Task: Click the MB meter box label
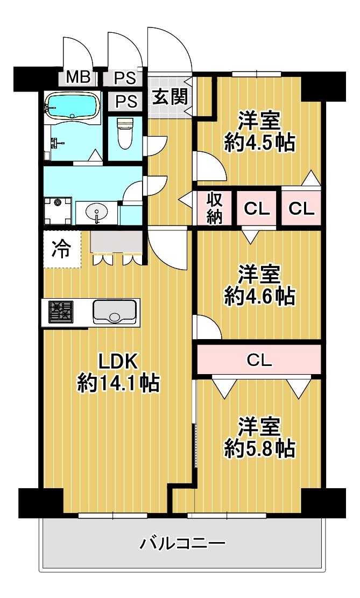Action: tap(79, 78)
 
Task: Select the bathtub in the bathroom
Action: tap(72, 105)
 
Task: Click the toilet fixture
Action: tap(125, 133)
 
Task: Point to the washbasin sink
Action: tap(96, 212)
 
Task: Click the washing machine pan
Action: tap(58, 211)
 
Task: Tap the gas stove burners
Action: tap(61, 311)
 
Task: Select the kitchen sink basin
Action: tap(115, 312)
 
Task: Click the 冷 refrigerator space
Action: tap(62, 250)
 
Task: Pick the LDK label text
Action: tap(118, 362)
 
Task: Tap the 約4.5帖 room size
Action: tap(259, 143)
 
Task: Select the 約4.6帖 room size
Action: tap(259, 296)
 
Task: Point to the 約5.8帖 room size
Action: tap(259, 448)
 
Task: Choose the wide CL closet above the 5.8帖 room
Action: tap(259, 359)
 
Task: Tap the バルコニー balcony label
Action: tap(182, 543)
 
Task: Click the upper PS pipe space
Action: tap(125, 78)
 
